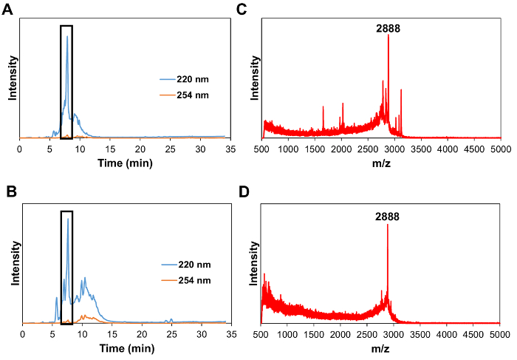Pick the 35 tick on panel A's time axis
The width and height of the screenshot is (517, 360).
230,149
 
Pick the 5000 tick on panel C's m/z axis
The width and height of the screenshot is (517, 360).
500,149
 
